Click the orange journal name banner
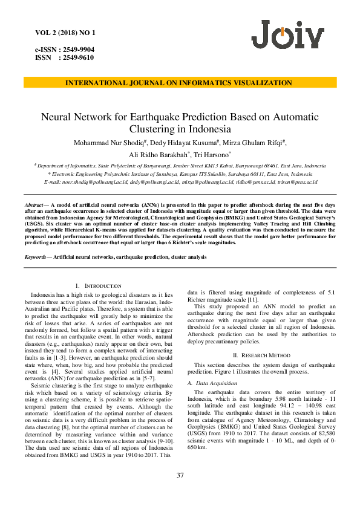[180, 83]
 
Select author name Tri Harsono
[208, 155]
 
